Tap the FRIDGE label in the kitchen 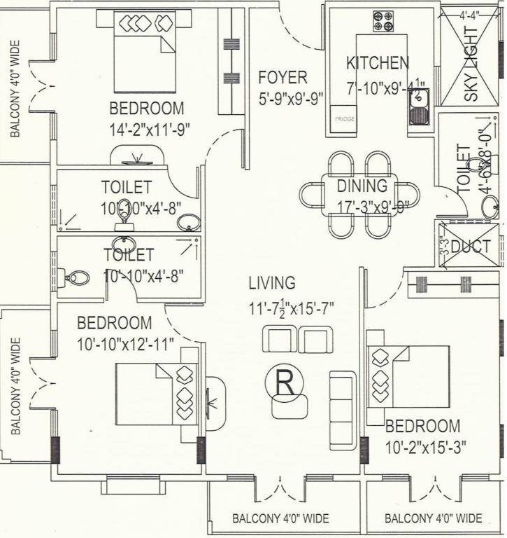[x=344, y=119]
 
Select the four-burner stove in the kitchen [x=383, y=22]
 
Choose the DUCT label [x=471, y=246]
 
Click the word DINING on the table [x=362, y=186]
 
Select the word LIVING [x=272, y=283]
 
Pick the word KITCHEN [x=378, y=63]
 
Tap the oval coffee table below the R [x=290, y=406]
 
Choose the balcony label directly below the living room [x=280, y=519]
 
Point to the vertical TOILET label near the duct [x=463, y=169]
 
